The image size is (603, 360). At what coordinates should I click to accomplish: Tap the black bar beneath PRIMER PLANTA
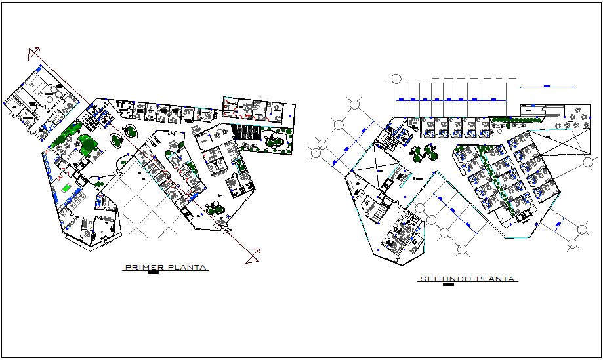pos(153,274)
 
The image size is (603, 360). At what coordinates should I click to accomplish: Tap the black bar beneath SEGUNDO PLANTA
pos(449,285)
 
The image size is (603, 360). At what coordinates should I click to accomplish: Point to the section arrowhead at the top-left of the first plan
pos(35,53)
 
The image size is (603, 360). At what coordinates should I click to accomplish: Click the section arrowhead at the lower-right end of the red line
pos(253,256)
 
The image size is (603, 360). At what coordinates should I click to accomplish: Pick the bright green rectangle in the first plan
pos(66,188)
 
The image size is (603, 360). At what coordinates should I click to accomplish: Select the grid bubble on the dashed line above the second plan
pos(396,79)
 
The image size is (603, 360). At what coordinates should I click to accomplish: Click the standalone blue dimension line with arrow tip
pos(546,86)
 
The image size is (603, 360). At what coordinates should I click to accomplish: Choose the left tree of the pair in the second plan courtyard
pos(416,153)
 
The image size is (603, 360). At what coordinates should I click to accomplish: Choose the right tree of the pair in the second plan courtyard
pos(430,152)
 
